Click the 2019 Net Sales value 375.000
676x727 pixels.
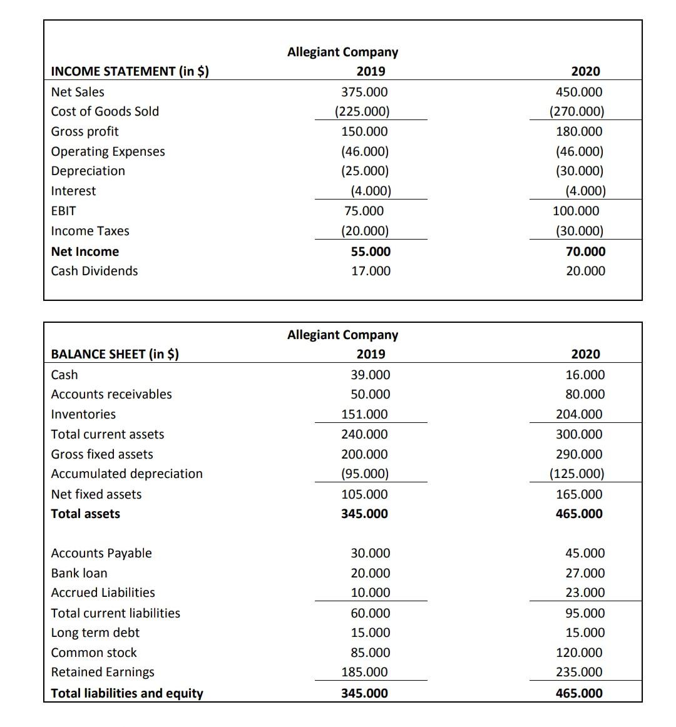pos(364,92)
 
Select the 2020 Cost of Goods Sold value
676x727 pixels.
pos(576,111)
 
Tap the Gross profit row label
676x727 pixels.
pos(84,131)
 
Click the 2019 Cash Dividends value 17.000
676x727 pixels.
pos(371,271)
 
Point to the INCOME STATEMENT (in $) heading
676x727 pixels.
pos(130,71)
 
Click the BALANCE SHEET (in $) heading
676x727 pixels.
pos(115,354)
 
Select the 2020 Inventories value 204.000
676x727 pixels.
pos(579,414)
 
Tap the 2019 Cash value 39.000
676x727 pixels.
pos(371,375)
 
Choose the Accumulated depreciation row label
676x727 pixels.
pos(126,474)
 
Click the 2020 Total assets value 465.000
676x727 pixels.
pos(579,514)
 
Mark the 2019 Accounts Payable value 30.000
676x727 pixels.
pos(371,553)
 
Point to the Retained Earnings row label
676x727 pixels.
pos(103,672)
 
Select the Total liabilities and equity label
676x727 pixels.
pos(126,693)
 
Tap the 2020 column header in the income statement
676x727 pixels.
pos(585,71)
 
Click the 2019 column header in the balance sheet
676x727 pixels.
pos(371,354)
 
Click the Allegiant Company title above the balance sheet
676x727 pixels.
pos(342,335)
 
